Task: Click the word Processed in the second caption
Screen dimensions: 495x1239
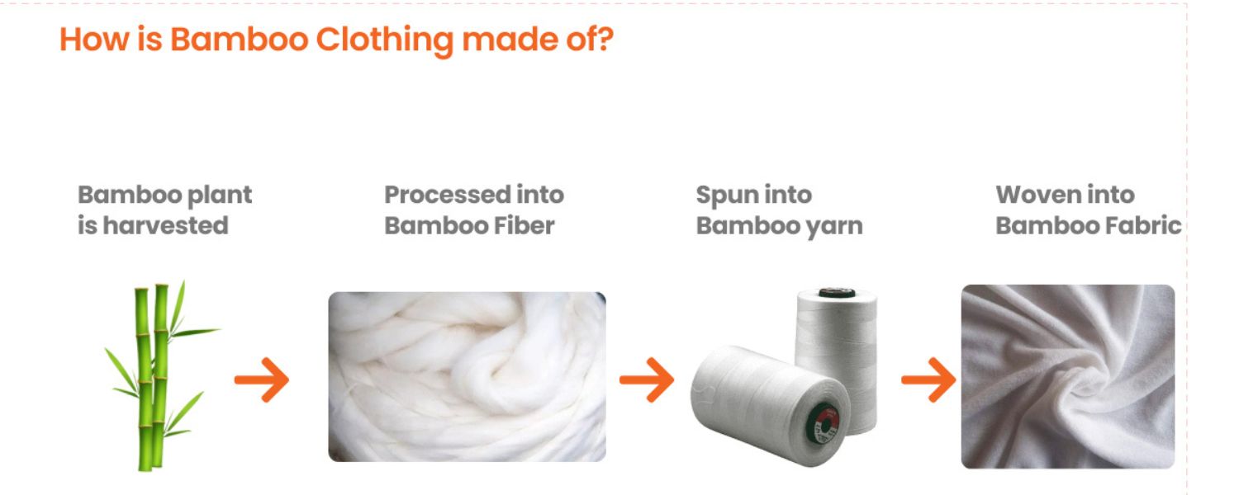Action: pyautogui.click(x=444, y=195)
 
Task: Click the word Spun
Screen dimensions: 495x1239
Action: pyautogui.click(x=720, y=195)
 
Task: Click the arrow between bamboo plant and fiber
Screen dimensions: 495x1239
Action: pyautogui.click(x=262, y=380)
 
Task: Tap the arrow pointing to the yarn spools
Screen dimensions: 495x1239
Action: pyautogui.click(x=647, y=380)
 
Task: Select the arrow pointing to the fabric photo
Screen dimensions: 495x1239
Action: pyautogui.click(x=928, y=380)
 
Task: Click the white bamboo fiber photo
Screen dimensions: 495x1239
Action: pyautogui.click(x=467, y=376)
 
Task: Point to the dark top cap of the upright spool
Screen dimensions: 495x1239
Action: pyautogui.click(x=835, y=293)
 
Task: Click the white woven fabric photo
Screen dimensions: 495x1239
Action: pyautogui.click(x=1067, y=376)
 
